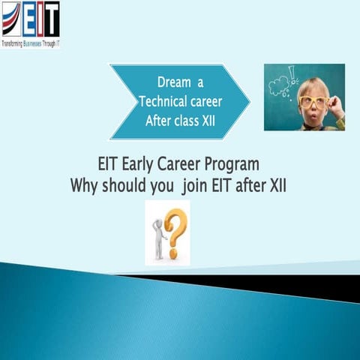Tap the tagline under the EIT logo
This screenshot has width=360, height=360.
pyautogui.click(x=31, y=43)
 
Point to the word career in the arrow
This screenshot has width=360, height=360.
pyautogui.click(x=206, y=100)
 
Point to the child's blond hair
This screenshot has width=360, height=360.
pyautogui.click(x=316, y=79)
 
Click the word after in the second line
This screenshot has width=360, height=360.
pyautogui.click(x=256, y=184)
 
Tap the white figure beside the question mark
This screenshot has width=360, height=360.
pyautogui.click(x=158, y=239)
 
